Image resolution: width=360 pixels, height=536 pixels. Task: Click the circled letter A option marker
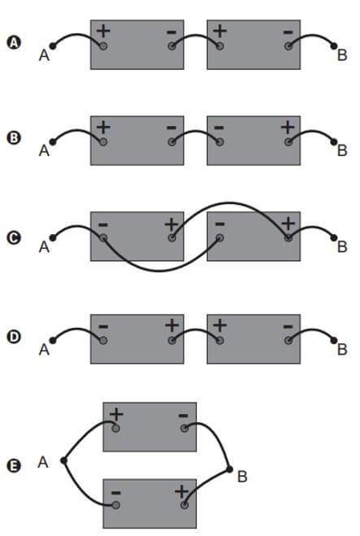pos(14,43)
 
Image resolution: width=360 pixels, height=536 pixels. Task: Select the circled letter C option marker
pos(14,238)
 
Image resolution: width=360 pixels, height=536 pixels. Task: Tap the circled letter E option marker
pos(14,465)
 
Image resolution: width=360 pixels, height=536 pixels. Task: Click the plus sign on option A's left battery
pos(103,31)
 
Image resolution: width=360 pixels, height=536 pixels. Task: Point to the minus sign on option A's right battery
pos(288,33)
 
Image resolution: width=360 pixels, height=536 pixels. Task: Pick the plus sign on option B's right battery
pos(288,127)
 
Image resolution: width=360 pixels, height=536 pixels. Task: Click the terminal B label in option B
pos(342,150)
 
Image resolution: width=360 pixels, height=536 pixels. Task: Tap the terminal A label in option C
pos(44,246)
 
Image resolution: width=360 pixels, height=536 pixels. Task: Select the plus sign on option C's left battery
pos(171,224)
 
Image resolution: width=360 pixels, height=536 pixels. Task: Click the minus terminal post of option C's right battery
pos(220,237)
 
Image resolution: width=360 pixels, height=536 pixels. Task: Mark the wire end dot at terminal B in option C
pos(334,237)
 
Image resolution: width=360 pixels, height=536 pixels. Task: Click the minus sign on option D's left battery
pos(103,327)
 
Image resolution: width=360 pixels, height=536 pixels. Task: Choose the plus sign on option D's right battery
pos(220,325)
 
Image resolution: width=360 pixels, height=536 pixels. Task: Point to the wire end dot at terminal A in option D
pos(53,341)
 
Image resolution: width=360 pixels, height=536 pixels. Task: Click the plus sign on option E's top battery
pos(116,414)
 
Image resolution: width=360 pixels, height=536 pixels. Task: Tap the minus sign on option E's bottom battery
pos(116,493)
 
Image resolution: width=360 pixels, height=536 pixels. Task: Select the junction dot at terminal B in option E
pos(229,469)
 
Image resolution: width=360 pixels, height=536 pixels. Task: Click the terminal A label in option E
pos(43,462)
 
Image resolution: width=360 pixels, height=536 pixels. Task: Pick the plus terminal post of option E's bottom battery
pos(184,505)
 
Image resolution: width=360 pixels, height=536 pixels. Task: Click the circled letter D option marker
pos(14,337)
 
